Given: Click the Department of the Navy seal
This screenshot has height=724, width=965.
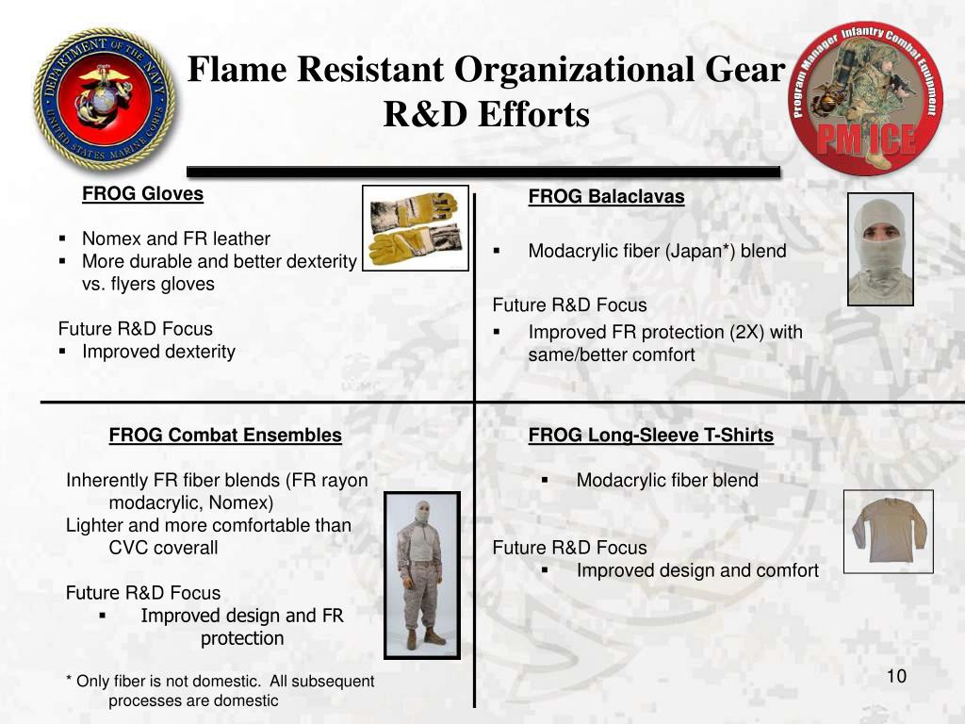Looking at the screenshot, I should (x=105, y=99).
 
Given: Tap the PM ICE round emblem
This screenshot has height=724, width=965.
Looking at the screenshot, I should (x=866, y=99).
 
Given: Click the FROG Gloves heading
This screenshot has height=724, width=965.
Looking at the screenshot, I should (x=142, y=194).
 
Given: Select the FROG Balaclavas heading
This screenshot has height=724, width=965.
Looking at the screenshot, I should (x=606, y=197).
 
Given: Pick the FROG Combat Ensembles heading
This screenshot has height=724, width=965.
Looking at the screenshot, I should (x=225, y=436).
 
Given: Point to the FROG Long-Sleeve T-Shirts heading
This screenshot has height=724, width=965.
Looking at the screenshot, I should (x=650, y=436).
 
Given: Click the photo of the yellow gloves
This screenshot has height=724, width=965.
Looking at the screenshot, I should (x=415, y=228).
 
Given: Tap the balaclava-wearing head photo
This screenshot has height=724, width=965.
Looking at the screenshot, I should (x=880, y=249).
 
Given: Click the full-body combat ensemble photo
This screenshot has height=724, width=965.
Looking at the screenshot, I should (x=421, y=574).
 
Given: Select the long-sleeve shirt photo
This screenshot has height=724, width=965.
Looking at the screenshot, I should (x=888, y=531).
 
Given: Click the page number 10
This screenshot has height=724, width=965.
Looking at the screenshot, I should (x=895, y=677).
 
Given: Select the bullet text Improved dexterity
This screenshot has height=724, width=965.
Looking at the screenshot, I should (x=158, y=352).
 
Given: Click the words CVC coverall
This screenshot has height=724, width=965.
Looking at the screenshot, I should (x=163, y=548).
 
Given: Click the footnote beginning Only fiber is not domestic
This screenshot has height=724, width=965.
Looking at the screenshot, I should (x=220, y=690).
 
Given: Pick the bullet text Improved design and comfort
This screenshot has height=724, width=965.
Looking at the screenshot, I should (x=697, y=570).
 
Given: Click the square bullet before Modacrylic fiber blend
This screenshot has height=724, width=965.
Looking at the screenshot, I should (x=545, y=481).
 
